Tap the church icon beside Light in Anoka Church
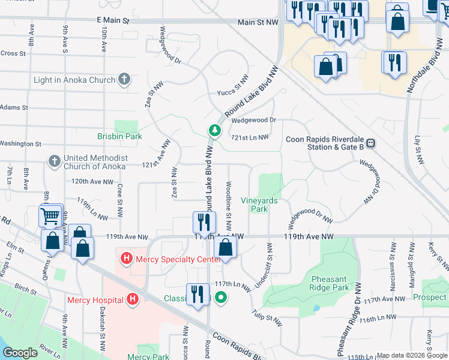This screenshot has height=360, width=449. [x=124, y=79]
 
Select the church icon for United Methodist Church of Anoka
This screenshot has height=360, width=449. [x=54, y=161]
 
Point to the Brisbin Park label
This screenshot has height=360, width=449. [x=120, y=136]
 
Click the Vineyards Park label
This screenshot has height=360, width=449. [x=259, y=205]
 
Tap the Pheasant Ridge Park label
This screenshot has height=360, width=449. [x=330, y=283]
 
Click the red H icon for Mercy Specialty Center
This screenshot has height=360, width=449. [x=126, y=259]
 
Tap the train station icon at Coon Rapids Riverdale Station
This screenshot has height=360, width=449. [x=371, y=143]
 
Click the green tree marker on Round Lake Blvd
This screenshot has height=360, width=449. [x=214, y=130]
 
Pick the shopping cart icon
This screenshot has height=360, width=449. [x=51, y=215]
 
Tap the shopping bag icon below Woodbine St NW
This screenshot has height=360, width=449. [x=225, y=247]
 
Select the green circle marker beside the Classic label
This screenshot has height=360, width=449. [x=221, y=297]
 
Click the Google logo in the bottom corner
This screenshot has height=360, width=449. [x=20, y=353]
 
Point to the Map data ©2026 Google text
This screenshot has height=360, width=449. [x=412, y=355]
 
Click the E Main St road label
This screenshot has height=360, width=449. [x=113, y=20]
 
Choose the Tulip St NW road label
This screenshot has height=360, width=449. [x=267, y=318]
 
